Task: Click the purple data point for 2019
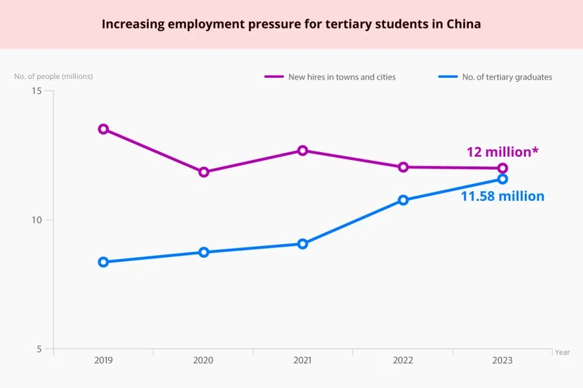pos(103,129)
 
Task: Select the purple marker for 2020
pos(204,172)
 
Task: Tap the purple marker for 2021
pos(303,150)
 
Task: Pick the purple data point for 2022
pos(403,167)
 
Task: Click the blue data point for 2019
pos(103,262)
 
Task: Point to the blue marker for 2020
pos(204,252)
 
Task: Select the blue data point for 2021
pos(303,244)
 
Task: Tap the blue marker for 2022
pos(403,200)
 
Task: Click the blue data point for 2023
pos(503,179)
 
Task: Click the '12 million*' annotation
pos(503,152)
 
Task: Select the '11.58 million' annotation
pos(502,196)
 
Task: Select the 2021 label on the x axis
pos(303,360)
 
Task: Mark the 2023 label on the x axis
pos(503,360)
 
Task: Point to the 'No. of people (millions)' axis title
pos(54,76)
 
